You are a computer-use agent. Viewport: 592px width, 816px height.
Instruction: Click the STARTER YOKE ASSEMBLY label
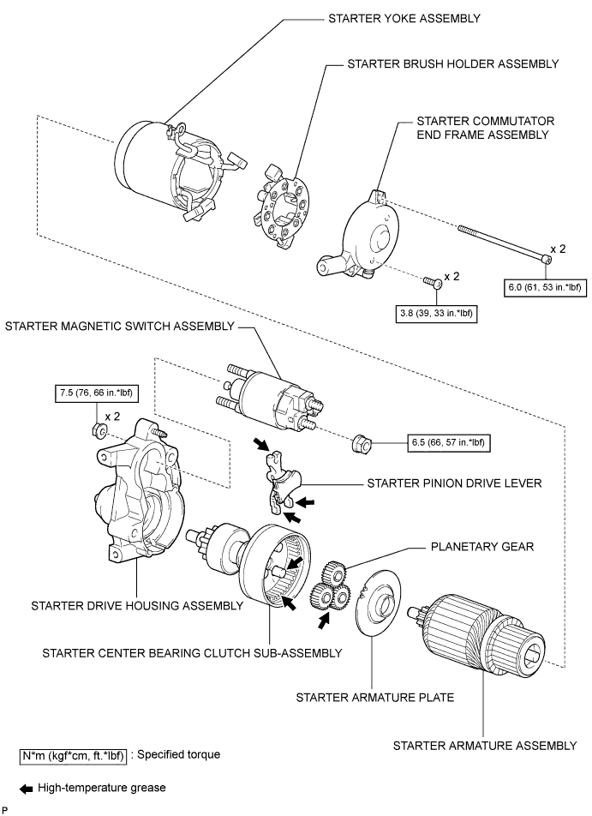coord(404,19)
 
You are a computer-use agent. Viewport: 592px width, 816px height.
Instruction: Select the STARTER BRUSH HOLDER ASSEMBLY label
coord(452,64)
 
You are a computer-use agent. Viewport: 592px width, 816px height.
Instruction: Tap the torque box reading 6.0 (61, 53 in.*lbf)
coord(544,287)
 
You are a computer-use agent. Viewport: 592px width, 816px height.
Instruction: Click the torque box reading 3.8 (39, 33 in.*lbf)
coord(436,314)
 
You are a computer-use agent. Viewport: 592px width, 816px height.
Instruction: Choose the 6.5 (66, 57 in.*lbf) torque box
coord(448,442)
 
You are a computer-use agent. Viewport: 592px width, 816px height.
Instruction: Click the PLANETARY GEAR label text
coord(482,547)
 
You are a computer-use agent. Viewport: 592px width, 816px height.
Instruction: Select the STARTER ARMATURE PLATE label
coord(375,698)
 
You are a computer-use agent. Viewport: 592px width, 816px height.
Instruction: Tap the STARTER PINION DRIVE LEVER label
coord(454,483)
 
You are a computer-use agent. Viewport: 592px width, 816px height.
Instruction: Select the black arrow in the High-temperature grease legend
coord(26,789)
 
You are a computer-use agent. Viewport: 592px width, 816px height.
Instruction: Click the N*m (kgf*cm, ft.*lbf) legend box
coord(74,755)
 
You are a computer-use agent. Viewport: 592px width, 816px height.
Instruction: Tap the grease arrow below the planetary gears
coord(325,621)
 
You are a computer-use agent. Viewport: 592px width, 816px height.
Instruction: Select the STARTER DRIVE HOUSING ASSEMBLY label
coord(137,606)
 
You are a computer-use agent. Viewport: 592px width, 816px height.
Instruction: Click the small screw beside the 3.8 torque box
coord(433,281)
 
